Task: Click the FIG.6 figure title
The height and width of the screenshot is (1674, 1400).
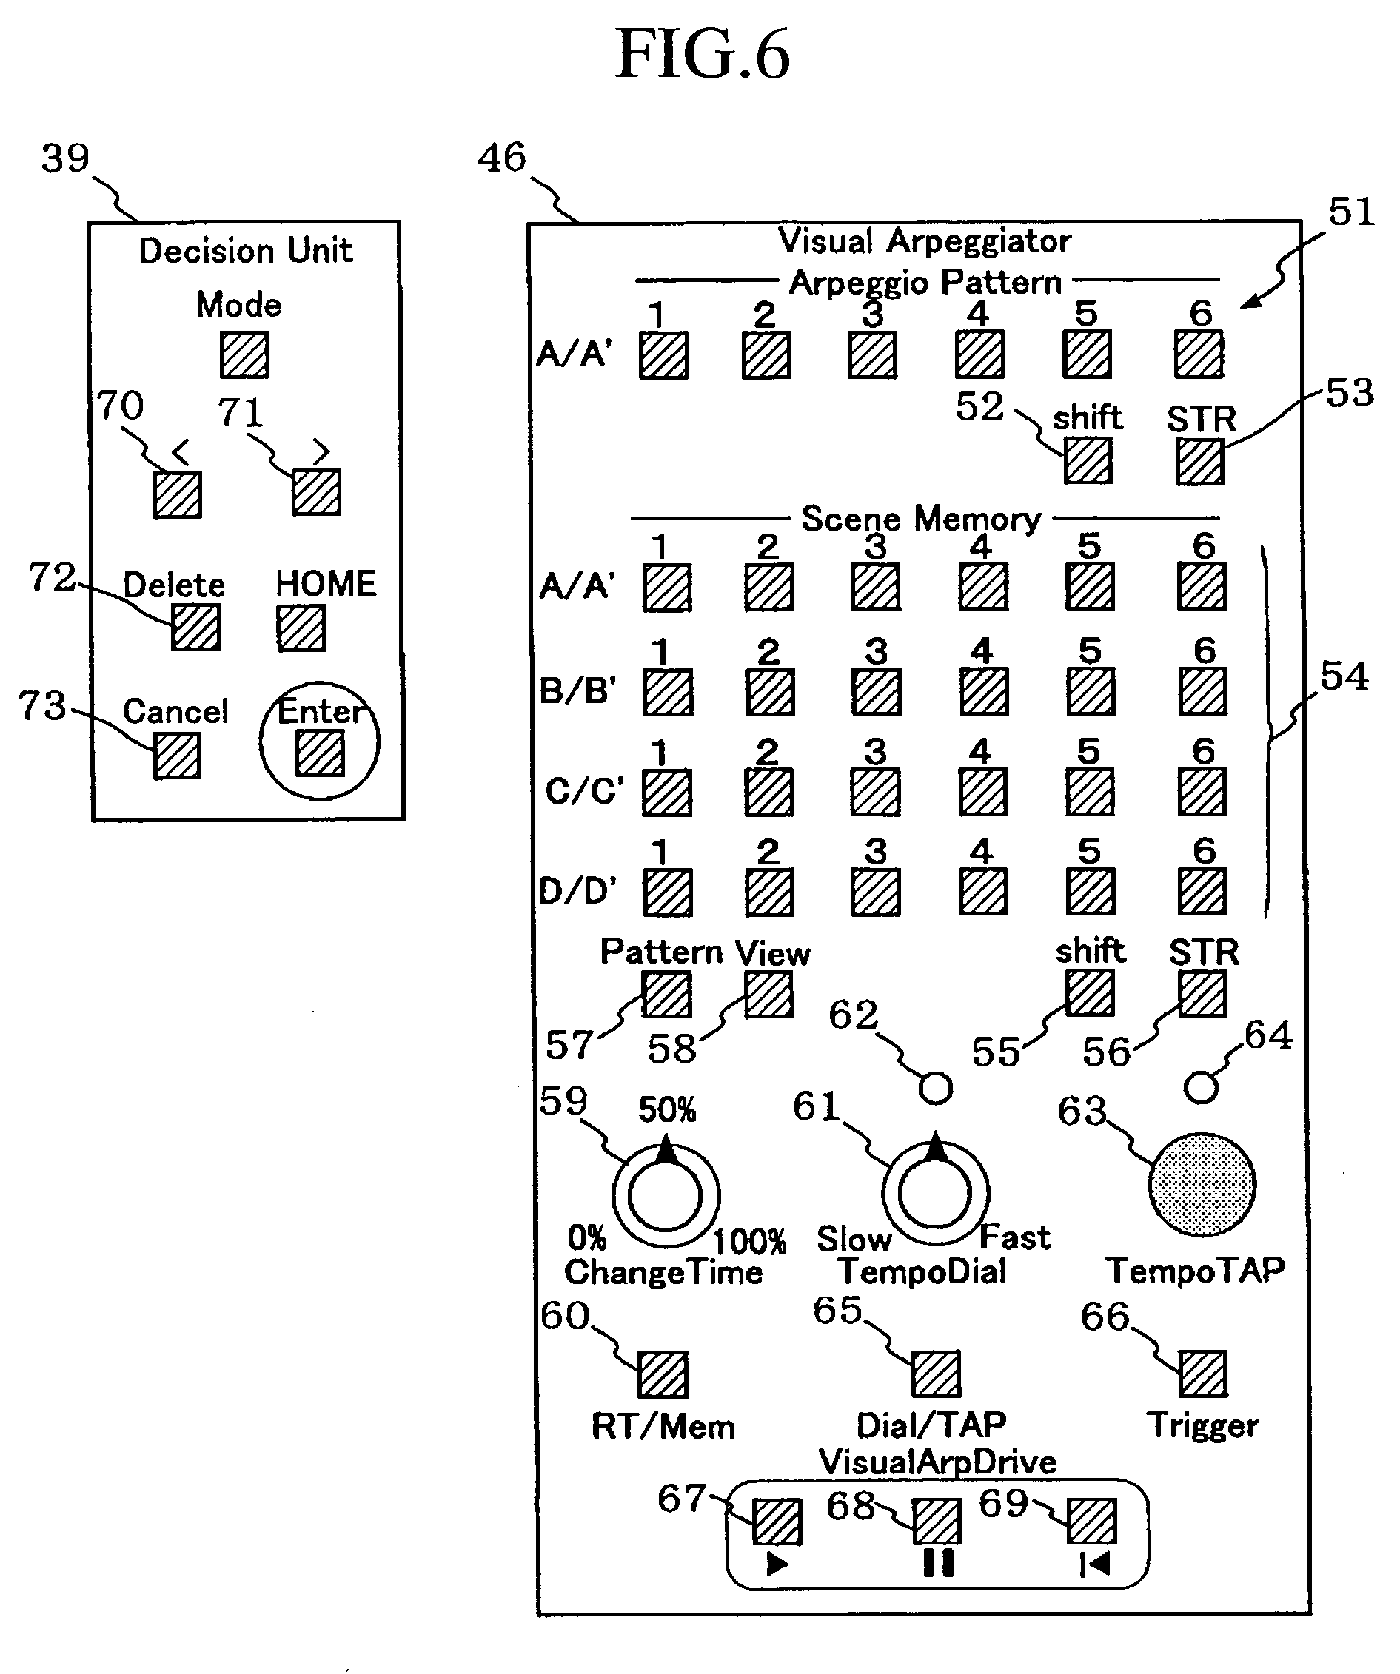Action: click(x=703, y=54)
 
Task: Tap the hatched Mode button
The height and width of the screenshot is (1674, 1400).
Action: click(x=244, y=354)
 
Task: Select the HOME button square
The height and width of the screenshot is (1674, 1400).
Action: click(x=301, y=628)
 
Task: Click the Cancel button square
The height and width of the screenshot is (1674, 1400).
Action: click(x=177, y=755)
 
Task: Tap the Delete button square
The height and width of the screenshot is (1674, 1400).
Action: click(x=196, y=628)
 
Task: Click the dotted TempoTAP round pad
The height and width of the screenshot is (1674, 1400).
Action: click(x=1202, y=1186)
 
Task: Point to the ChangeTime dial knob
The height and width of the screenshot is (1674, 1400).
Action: click(x=665, y=1196)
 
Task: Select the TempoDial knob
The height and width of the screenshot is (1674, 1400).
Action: click(x=934, y=1193)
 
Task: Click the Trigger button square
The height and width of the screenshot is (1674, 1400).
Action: click(x=1202, y=1374)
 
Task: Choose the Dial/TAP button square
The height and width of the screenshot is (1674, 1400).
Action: click(x=936, y=1374)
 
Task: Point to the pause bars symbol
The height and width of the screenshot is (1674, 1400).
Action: click(x=937, y=1562)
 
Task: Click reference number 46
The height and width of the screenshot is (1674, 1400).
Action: click(x=501, y=157)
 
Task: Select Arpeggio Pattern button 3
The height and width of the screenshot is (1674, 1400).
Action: click(x=872, y=354)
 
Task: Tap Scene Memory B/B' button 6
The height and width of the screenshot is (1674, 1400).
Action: click(x=1203, y=691)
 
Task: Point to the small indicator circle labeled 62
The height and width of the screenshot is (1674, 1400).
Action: click(x=935, y=1088)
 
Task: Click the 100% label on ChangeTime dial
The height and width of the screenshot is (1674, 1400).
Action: click(x=748, y=1241)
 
